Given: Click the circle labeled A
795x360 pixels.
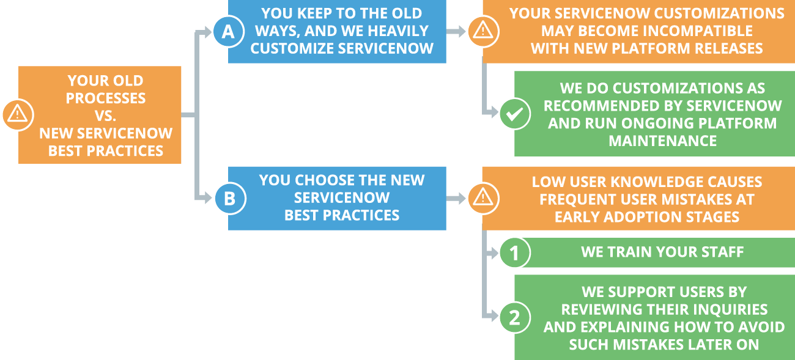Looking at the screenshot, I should tap(228, 32).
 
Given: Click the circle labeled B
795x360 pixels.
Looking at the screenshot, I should tap(229, 198).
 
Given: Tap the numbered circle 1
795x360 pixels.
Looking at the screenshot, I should tap(514, 252).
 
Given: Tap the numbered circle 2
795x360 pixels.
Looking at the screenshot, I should tap(514, 317).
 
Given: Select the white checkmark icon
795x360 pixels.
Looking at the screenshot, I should tap(514, 114).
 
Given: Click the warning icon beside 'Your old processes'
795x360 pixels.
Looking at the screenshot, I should tap(17, 114).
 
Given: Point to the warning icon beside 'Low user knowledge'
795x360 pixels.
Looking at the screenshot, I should tap(483, 198).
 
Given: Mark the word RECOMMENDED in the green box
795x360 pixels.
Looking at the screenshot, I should tap(602, 106).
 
